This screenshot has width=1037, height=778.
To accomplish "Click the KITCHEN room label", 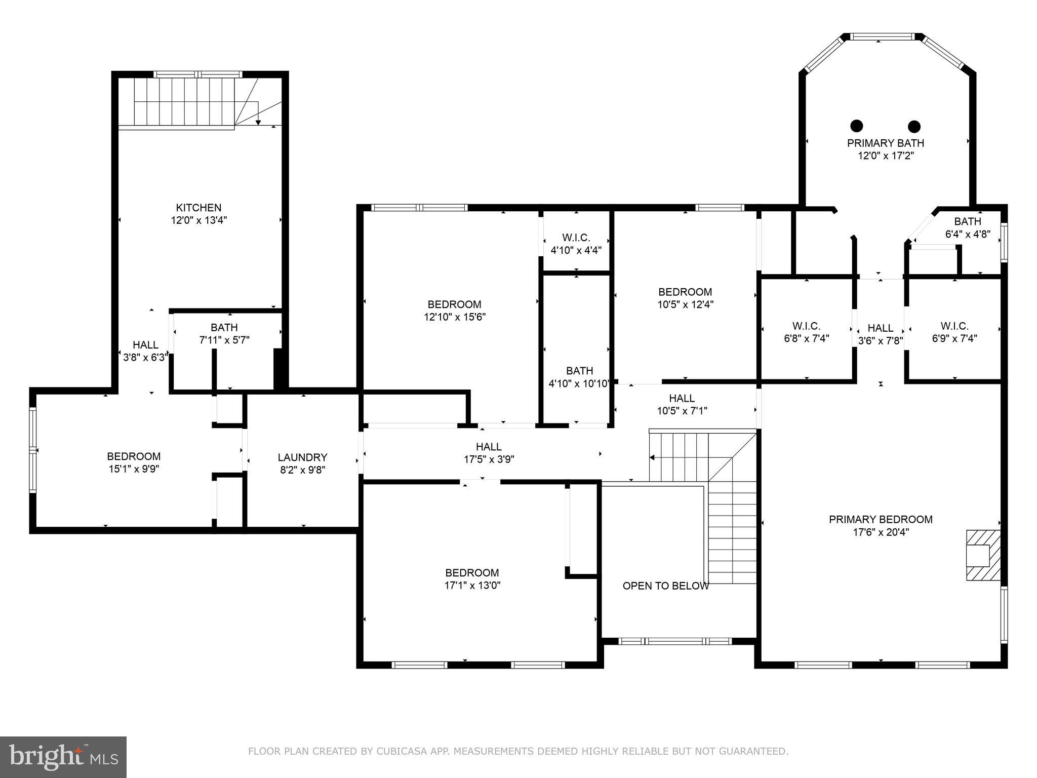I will [x=198, y=208].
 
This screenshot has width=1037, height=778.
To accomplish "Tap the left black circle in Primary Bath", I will [x=856, y=125].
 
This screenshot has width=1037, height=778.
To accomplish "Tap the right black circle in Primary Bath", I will [x=914, y=126].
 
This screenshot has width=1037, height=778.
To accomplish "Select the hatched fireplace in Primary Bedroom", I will [x=983, y=555].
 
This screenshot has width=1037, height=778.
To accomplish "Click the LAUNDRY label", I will [x=302, y=457].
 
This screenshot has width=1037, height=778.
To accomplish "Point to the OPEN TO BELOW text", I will [x=665, y=586].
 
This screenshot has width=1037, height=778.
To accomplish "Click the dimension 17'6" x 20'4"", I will [x=881, y=532].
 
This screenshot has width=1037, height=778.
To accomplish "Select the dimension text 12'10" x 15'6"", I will [x=455, y=317].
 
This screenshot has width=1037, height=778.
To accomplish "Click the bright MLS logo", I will [x=63, y=757].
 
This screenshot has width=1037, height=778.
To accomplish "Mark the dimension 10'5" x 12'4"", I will [x=686, y=305].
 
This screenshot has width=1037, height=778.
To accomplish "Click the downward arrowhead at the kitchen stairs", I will [x=258, y=122].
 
